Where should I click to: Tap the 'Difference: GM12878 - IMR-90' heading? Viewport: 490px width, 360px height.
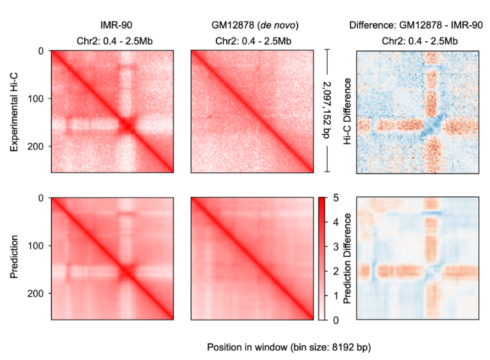tap(416, 25)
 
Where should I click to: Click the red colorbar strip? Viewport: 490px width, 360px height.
tap(322, 258)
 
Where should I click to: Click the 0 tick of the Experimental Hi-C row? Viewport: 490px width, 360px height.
tap(42, 50)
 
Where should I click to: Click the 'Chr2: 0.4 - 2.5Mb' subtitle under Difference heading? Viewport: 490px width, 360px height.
tap(416, 42)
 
